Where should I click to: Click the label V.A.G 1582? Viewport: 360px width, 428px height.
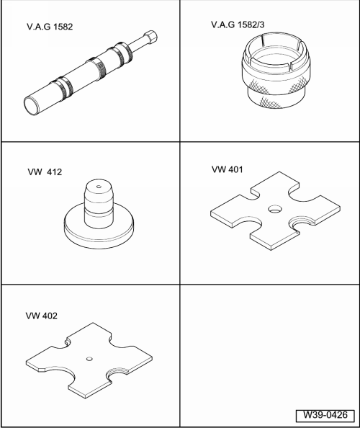coord(50,27)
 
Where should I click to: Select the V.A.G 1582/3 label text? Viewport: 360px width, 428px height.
coord(238,24)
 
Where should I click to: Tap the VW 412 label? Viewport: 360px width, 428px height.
coord(45,172)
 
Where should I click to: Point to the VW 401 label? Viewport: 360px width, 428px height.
coord(228,169)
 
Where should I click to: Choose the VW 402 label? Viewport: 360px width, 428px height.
coord(42,316)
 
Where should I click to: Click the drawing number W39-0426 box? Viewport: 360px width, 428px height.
coord(325,415)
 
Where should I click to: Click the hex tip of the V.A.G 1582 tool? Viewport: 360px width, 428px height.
coord(150,37)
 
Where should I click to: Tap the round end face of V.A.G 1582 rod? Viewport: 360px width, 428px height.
coord(32,106)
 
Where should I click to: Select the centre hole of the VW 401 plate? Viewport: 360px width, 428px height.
coord(274,210)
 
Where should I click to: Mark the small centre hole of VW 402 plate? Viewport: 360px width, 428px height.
coord(89,359)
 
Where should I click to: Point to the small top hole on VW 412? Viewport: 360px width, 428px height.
coord(99,187)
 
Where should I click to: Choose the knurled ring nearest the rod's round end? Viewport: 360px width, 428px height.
coord(62,87)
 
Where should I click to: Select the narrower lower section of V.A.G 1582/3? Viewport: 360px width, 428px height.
coord(276,96)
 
